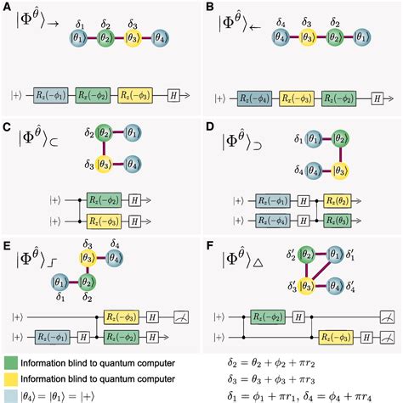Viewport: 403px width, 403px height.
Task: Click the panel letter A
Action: [x=8, y=8]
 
